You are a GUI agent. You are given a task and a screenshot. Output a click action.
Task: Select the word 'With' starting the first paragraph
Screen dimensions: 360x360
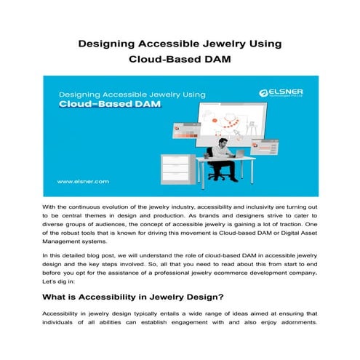[50, 209]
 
